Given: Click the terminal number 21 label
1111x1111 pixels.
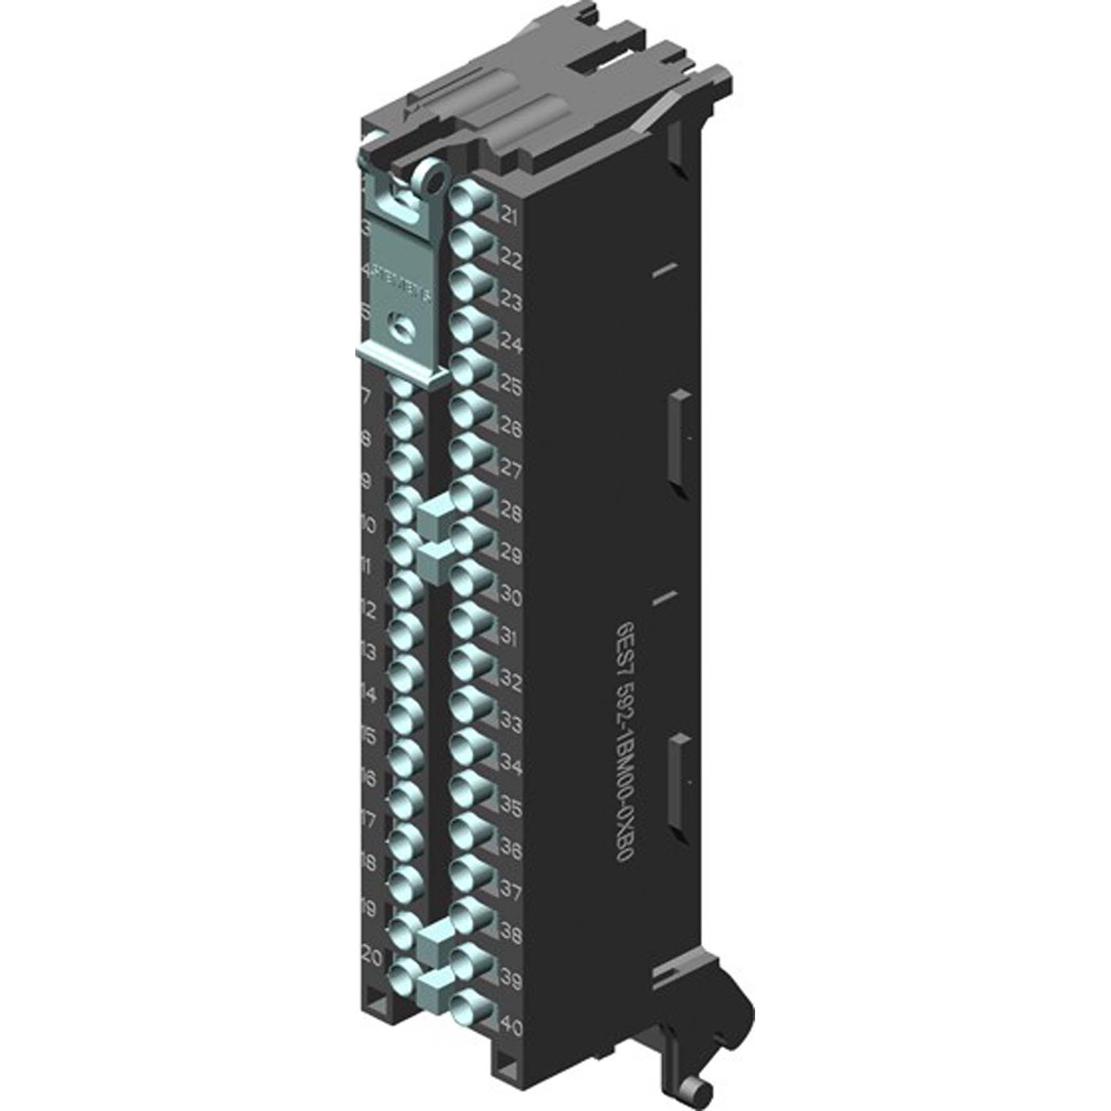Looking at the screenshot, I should coord(509,217).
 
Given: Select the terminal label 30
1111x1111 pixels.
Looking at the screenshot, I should coord(510,597).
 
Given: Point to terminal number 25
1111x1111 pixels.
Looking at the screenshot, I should coord(510,387).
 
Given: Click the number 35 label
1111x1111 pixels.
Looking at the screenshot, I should coord(510,808).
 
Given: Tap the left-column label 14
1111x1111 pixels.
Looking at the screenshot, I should coord(369,694).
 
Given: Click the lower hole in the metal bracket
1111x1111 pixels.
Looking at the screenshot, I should coord(399,328).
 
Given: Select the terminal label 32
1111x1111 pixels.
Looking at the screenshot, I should coord(510,682).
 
